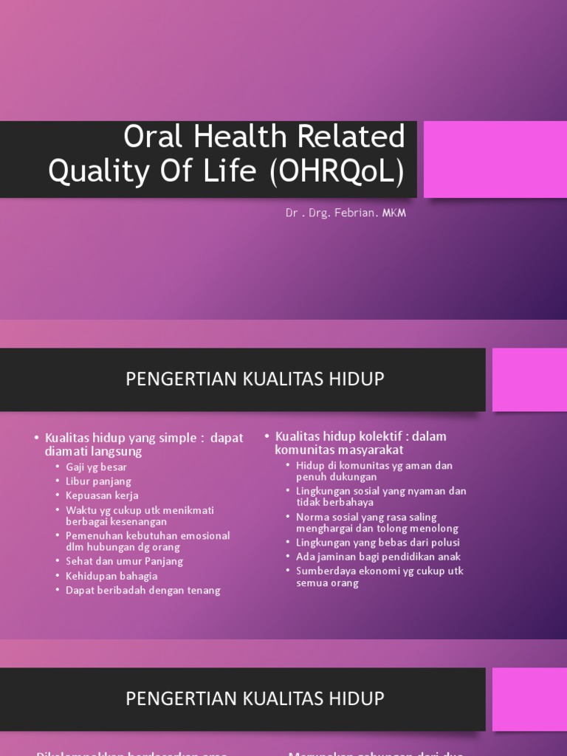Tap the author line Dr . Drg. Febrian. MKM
pyautogui.click(x=346, y=213)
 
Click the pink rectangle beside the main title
pyautogui.click(x=495, y=160)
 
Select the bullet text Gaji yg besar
pyautogui.click(x=96, y=467)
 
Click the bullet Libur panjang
pyautogui.click(x=98, y=481)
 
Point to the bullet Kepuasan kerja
pyautogui.click(x=102, y=495)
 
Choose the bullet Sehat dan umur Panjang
pyautogui.click(x=124, y=561)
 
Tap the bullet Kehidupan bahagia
pyautogui.click(x=111, y=576)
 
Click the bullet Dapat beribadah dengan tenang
pyautogui.click(x=143, y=590)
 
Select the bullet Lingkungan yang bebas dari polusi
pyautogui.click(x=378, y=543)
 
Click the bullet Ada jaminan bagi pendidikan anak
pyautogui.click(x=378, y=557)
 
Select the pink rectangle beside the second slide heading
pyautogui.click(x=529, y=379)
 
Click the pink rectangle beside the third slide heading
pyautogui.click(x=529, y=698)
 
